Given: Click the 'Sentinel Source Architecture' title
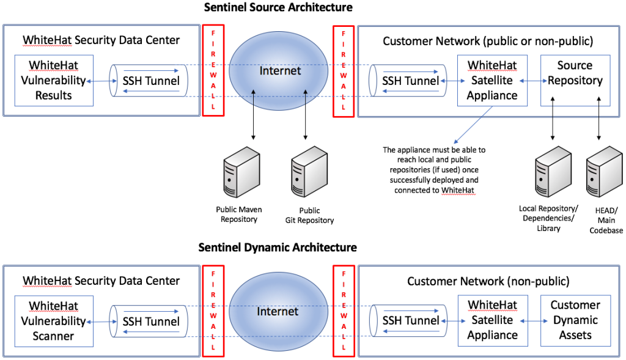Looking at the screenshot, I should (x=278, y=7).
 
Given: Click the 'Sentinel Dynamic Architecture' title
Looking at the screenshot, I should (x=278, y=248).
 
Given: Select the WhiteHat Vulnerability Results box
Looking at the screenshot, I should (x=54, y=80).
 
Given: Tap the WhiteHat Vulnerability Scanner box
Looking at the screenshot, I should (x=54, y=320).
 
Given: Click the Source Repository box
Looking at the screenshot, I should (x=575, y=80).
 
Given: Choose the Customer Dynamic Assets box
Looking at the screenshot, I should (x=575, y=320).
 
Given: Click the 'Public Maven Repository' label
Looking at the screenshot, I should (x=238, y=215).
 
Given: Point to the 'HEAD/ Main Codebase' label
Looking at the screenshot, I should (x=606, y=220).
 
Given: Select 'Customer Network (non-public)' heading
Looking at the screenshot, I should (x=488, y=281).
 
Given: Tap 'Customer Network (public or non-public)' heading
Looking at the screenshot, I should (x=488, y=41).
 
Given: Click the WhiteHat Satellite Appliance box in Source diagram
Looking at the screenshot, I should (x=492, y=80).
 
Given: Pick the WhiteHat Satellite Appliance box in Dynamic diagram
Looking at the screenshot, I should (x=492, y=320).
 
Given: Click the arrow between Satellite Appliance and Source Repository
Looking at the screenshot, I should (x=534, y=81).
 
